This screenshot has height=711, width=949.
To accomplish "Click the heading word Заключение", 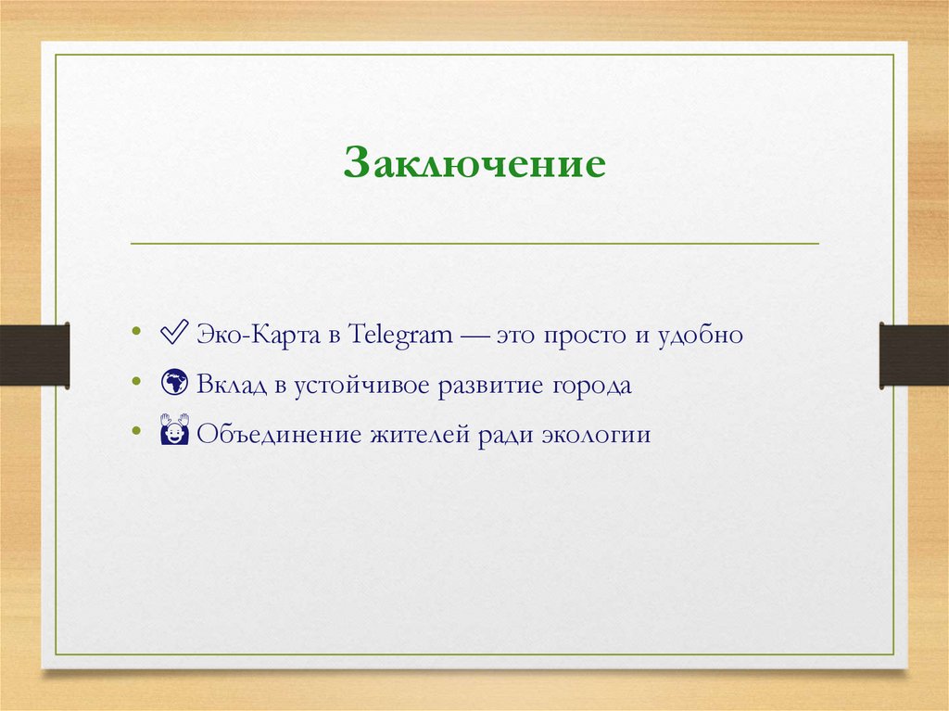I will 474,164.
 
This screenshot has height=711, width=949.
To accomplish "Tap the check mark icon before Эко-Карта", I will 174,334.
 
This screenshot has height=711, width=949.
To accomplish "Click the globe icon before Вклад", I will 174,384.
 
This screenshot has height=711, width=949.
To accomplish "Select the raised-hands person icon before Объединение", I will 174,433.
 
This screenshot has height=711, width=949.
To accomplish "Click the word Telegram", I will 401,335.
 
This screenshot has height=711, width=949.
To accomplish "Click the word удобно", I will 703,335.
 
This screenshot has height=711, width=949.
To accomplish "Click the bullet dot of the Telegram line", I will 137,332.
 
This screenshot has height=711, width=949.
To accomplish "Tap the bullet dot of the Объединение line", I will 137,431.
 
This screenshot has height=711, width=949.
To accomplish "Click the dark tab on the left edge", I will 34,354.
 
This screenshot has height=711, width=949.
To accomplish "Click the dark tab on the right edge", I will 914,354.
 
